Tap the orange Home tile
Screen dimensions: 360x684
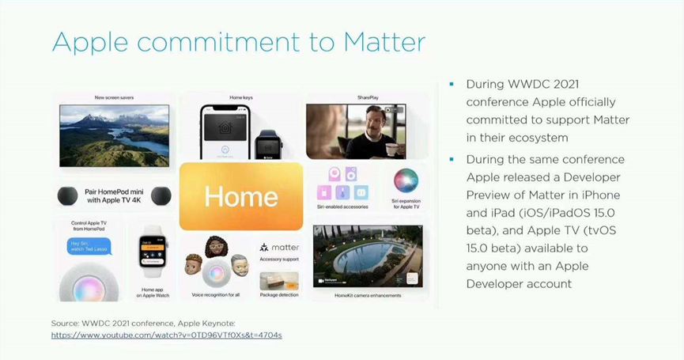240,196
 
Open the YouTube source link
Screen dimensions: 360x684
166,335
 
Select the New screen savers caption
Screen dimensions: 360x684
115,97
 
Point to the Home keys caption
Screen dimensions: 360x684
241,97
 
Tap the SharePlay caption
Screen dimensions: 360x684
368,97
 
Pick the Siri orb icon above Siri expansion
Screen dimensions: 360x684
406,180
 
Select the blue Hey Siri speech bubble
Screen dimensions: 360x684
89,247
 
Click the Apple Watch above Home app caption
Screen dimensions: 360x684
154,250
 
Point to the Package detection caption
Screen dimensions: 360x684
279,295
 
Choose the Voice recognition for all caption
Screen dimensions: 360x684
215,295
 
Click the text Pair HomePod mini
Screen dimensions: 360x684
115,191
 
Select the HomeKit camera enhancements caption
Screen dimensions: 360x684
368,295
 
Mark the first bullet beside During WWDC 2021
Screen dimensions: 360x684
452,84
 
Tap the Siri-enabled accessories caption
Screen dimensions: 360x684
342,207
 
